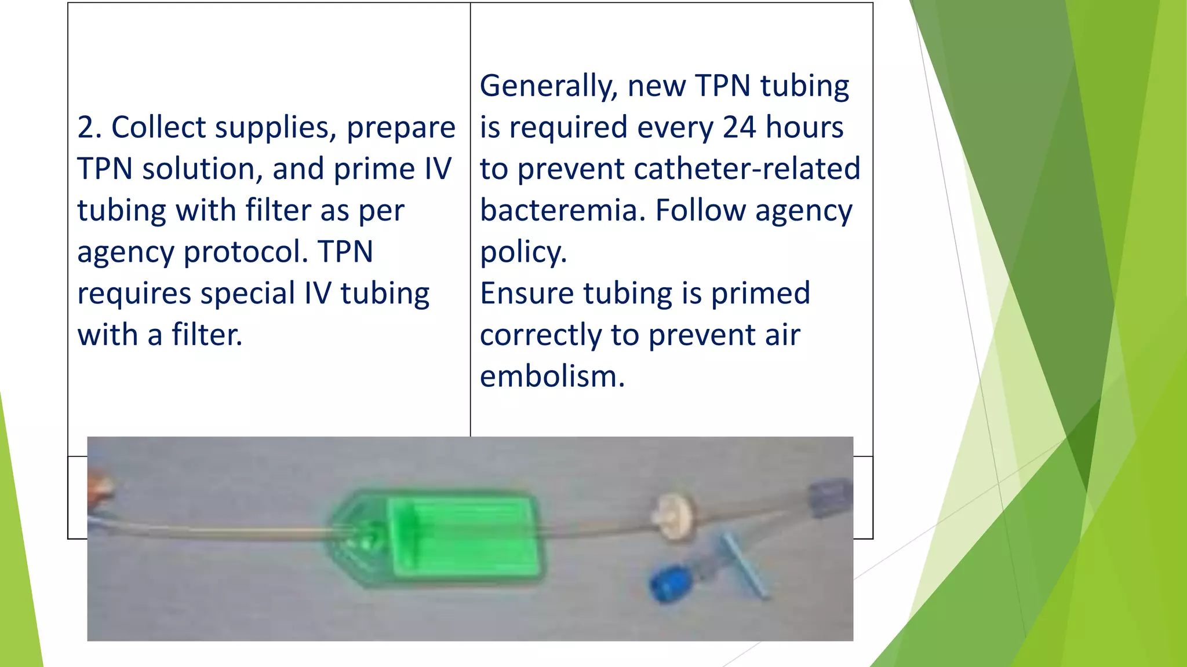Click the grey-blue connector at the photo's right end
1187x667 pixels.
(830, 497)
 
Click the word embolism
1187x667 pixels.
(551, 376)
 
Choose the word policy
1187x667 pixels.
(523, 252)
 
